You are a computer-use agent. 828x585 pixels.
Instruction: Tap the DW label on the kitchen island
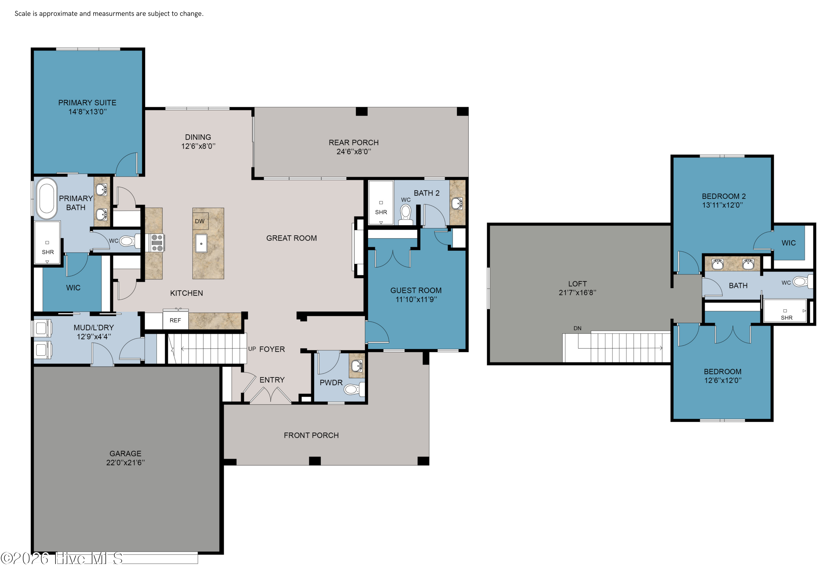[x=200, y=221]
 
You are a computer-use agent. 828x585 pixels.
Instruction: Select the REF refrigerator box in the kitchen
[x=175, y=320]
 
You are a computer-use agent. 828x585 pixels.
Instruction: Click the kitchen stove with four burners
[x=157, y=243]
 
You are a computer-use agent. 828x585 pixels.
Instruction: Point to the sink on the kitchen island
[x=201, y=243]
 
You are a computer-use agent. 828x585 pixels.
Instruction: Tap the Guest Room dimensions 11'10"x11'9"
[x=416, y=299]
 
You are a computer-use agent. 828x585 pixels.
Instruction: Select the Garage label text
[x=126, y=453]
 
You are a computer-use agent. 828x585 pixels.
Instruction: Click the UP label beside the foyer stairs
[x=252, y=349]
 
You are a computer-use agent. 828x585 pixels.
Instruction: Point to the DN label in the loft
[x=577, y=328]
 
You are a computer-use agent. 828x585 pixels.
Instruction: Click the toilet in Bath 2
[x=406, y=214]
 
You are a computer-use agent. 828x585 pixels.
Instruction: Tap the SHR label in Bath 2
[x=381, y=212]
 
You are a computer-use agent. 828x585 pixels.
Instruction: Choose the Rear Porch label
[x=354, y=142]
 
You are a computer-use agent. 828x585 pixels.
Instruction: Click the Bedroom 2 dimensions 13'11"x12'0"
[x=723, y=205]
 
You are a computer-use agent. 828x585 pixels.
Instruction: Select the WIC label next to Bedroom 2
[x=789, y=243]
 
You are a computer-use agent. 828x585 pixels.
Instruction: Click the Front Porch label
[x=311, y=435]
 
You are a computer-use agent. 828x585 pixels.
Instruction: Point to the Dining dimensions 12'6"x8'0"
[x=198, y=146]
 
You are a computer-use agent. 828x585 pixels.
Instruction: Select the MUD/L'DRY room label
[x=94, y=327]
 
